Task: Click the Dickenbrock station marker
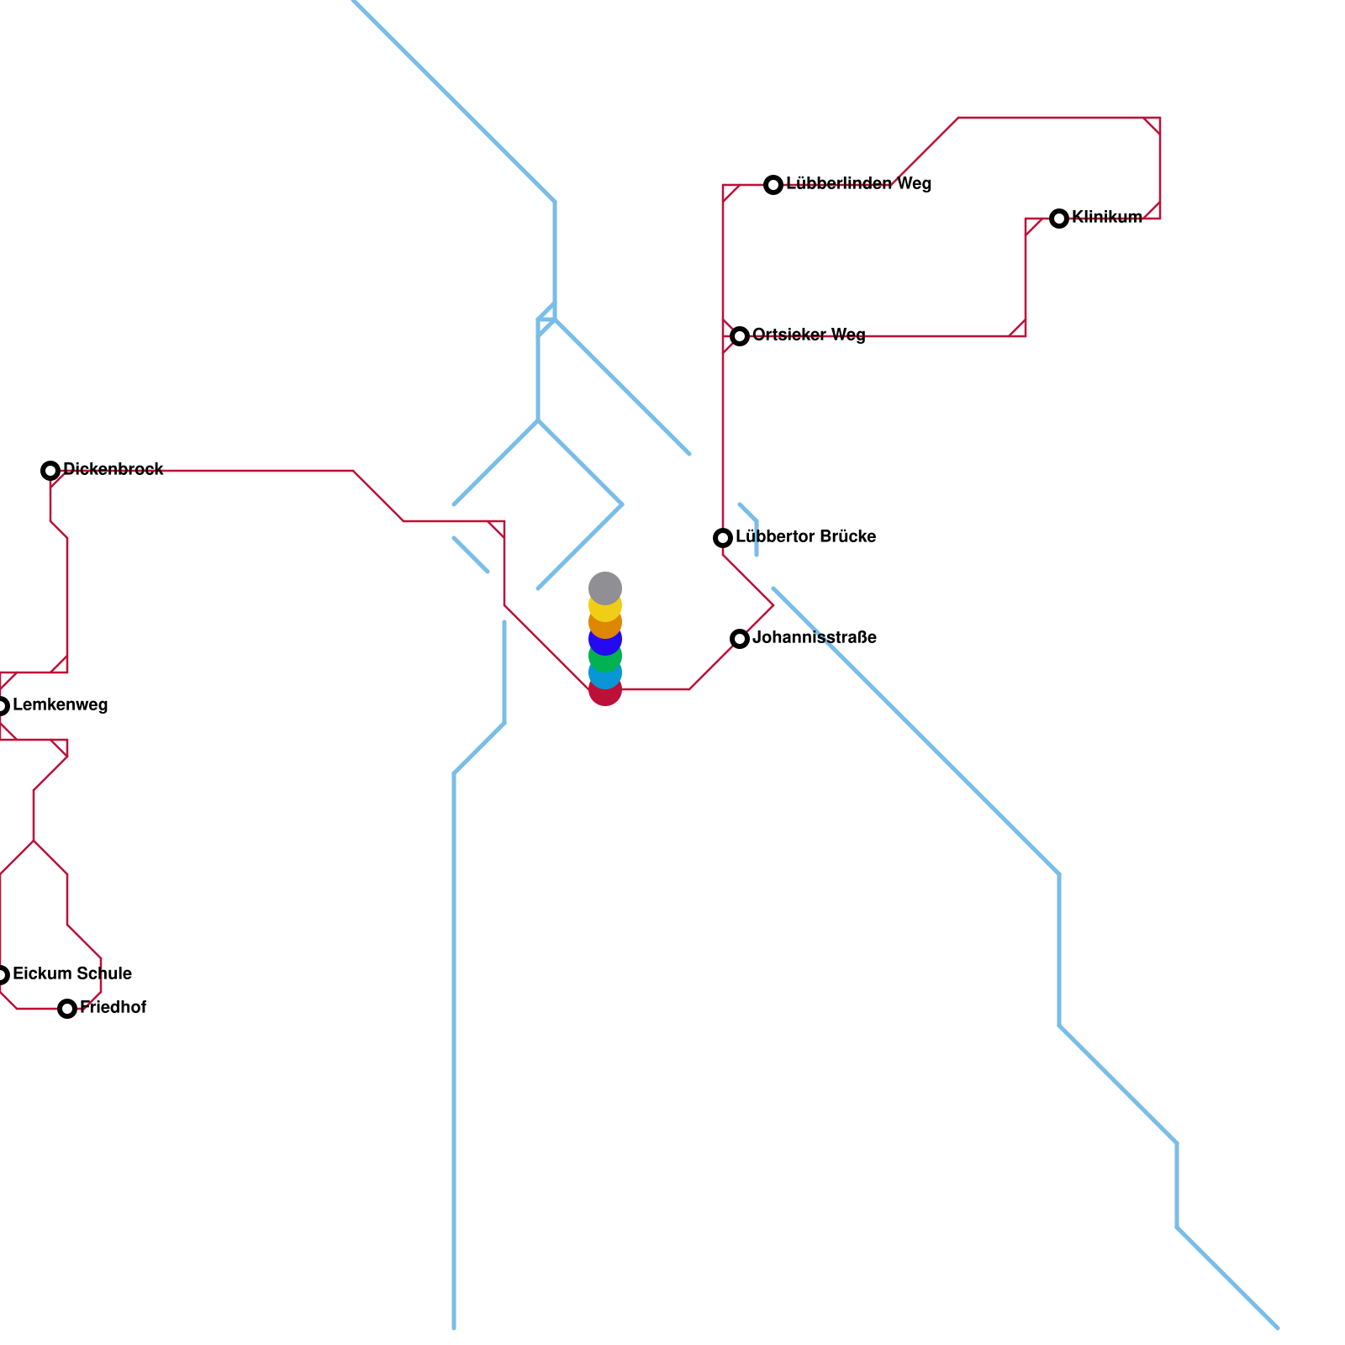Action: click(50, 471)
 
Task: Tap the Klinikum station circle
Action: click(1059, 219)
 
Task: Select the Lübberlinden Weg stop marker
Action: click(773, 185)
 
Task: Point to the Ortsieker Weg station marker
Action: click(740, 336)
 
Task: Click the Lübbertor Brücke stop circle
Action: click(723, 538)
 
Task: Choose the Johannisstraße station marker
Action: click(740, 639)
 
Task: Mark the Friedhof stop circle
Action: click(67, 1009)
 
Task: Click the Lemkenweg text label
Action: click(61, 705)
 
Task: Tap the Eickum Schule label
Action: click(72, 974)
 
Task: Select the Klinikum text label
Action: click(1107, 218)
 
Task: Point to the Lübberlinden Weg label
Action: click(859, 184)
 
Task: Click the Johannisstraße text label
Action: click(815, 638)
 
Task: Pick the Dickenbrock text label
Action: click(113, 470)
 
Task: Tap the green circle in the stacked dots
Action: click(605, 657)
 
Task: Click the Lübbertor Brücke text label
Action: click(806, 537)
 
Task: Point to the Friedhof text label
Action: click(113, 1008)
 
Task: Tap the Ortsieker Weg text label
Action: click(809, 335)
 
